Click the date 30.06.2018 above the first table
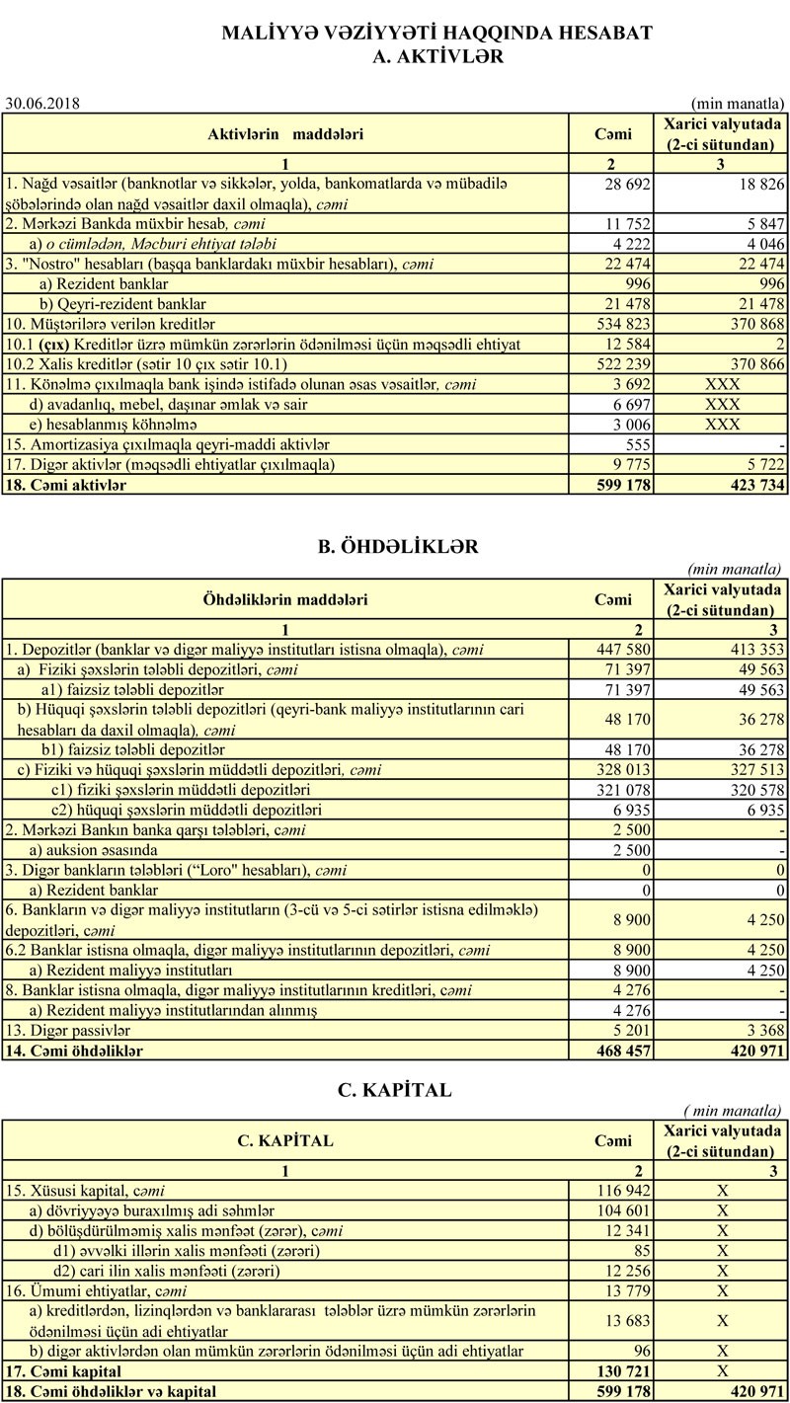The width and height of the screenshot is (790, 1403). [42, 103]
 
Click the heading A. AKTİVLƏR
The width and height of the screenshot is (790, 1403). [437, 57]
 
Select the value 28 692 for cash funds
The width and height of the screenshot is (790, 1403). [627, 184]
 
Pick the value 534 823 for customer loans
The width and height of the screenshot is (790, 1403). [623, 323]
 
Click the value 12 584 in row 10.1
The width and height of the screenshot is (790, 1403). [627, 344]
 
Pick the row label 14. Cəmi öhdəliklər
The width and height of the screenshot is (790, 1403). [74, 1051]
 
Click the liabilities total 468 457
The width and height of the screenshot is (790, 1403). [623, 1051]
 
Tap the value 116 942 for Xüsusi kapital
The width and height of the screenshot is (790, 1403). [623, 1190]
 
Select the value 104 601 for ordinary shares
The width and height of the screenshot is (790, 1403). [623, 1209]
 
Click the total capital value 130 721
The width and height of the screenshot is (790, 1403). [623, 1371]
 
